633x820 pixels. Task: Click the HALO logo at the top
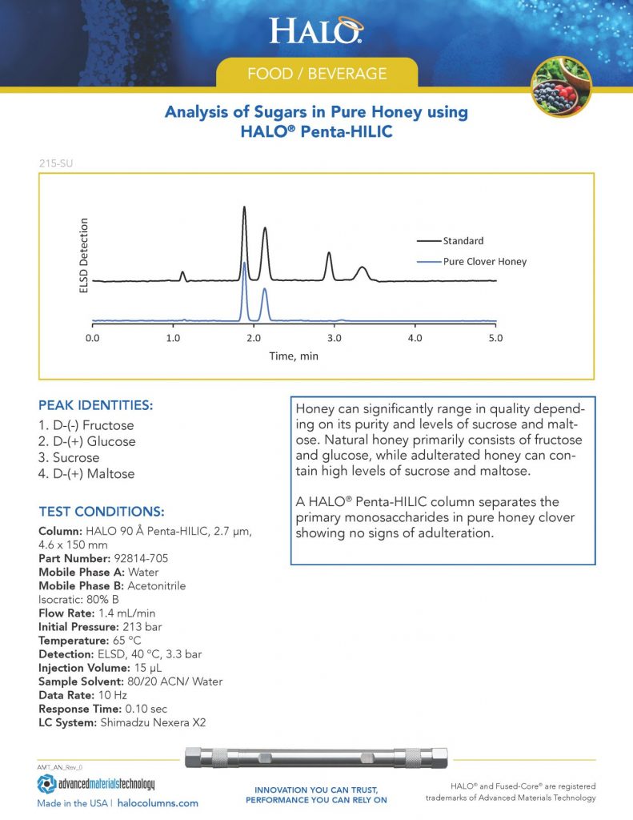(x=316, y=30)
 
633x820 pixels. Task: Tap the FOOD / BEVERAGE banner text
(x=317, y=74)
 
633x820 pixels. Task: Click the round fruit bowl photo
(x=561, y=86)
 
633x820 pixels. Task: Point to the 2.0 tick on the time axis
(x=254, y=338)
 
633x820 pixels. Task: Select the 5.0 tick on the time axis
(x=495, y=338)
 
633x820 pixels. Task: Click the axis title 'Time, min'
(x=293, y=356)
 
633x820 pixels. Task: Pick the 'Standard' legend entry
(x=463, y=240)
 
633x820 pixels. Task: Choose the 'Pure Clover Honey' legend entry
(x=485, y=261)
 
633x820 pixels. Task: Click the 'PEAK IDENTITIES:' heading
(x=95, y=405)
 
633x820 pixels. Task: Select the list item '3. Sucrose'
(x=70, y=458)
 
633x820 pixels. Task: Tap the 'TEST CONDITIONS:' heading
(x=102, y=511)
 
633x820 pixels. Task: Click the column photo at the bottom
(x=316, y=758)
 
